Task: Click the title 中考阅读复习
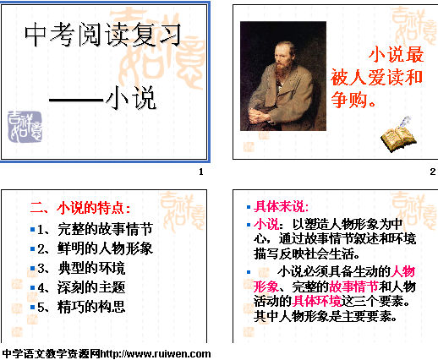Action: [x=102, y=35]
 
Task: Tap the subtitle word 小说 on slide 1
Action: [x=131, y=98]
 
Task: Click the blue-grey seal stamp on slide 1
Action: [x=25, y=127]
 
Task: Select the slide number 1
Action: [x=201, y=172]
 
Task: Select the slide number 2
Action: [x=433, y=172]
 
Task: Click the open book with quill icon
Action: [x=398, y=134]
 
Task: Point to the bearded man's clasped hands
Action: [x=259, y=115]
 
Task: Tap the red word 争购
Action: [x=349, y=100]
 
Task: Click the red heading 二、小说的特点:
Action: [x=80, y=208]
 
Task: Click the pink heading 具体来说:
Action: [x=282, y=207]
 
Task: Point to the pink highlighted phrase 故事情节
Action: [x=353, y=286]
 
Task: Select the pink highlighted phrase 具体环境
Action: [x=316, y=301]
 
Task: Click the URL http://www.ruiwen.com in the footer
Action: [x=156, y=354]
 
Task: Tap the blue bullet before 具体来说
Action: [x=249, y=207]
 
